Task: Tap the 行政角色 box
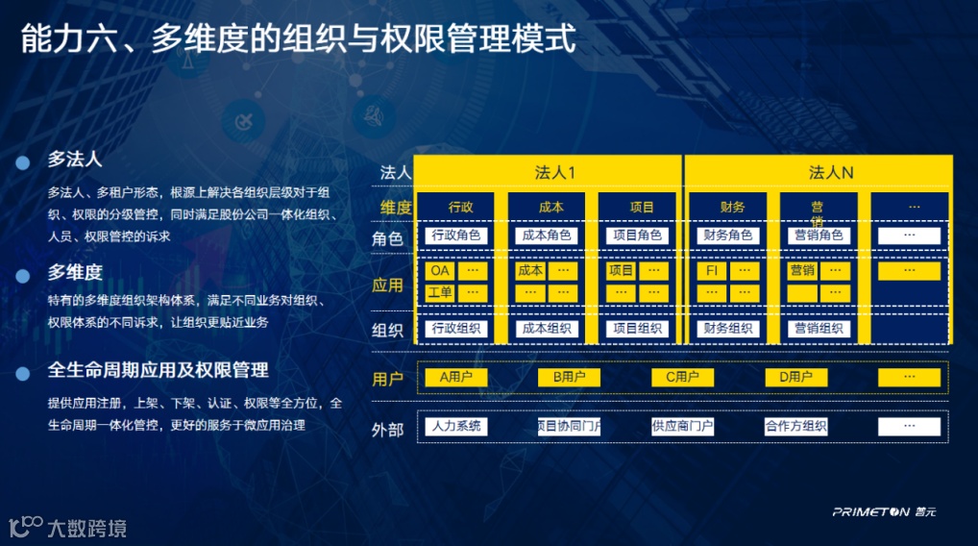coord(456,236)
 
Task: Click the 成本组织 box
coord(546,329)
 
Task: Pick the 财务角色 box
coord(727,236)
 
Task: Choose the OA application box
coord(439,271)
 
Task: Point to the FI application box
coord(712,271)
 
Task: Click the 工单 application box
coord(439,292)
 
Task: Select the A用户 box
coord(456,377)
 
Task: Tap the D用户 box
coord(796,377)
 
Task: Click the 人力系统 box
coord(456,426)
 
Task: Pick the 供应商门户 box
coord(682,426)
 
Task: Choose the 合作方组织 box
coord(796,426)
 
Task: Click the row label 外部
coord(387,430)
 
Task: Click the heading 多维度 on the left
coord(75,273)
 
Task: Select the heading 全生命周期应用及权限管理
coord(158,370)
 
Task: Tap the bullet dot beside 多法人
coord(22,163)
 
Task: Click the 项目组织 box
coord(636,329)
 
